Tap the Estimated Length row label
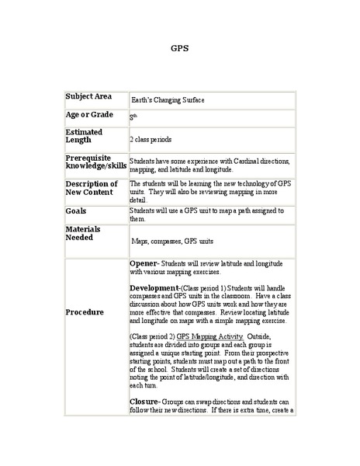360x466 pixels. tap(84, 136)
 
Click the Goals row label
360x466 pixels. tap(76, 210)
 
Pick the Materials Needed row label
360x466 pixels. tap(85, 233)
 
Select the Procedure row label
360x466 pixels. tap(85, 311)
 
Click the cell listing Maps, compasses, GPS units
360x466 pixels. tap(177, 241)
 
